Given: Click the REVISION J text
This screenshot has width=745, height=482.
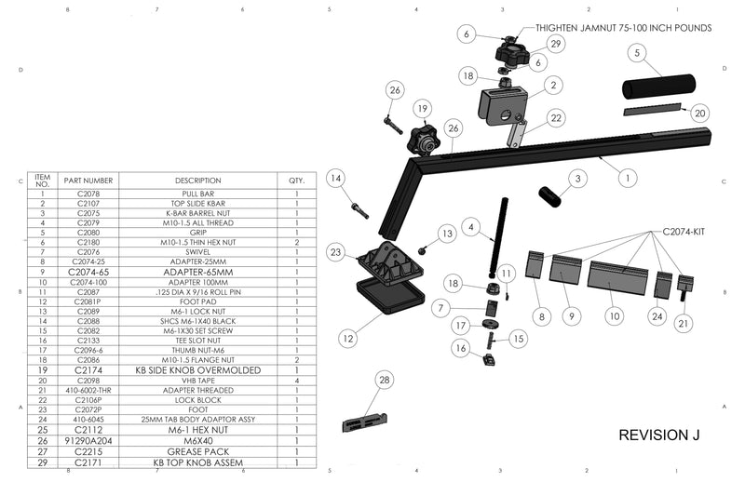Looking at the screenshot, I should [659, 435].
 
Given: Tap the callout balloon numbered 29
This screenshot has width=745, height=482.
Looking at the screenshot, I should [556, 43].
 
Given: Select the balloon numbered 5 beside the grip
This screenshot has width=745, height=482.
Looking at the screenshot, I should [636, 54].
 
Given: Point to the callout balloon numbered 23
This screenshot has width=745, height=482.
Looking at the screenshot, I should [335, 251].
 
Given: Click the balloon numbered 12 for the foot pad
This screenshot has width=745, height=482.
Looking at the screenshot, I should [348, 340].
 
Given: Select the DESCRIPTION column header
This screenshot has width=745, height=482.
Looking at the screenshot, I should [197, 181].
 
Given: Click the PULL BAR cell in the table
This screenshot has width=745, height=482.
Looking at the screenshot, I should [197, 194].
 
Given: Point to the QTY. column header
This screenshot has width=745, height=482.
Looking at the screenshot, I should [296, 181].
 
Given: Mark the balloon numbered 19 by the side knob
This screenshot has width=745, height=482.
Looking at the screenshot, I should [422, 109].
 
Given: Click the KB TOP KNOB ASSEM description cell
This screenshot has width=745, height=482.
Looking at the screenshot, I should [197, 461].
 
